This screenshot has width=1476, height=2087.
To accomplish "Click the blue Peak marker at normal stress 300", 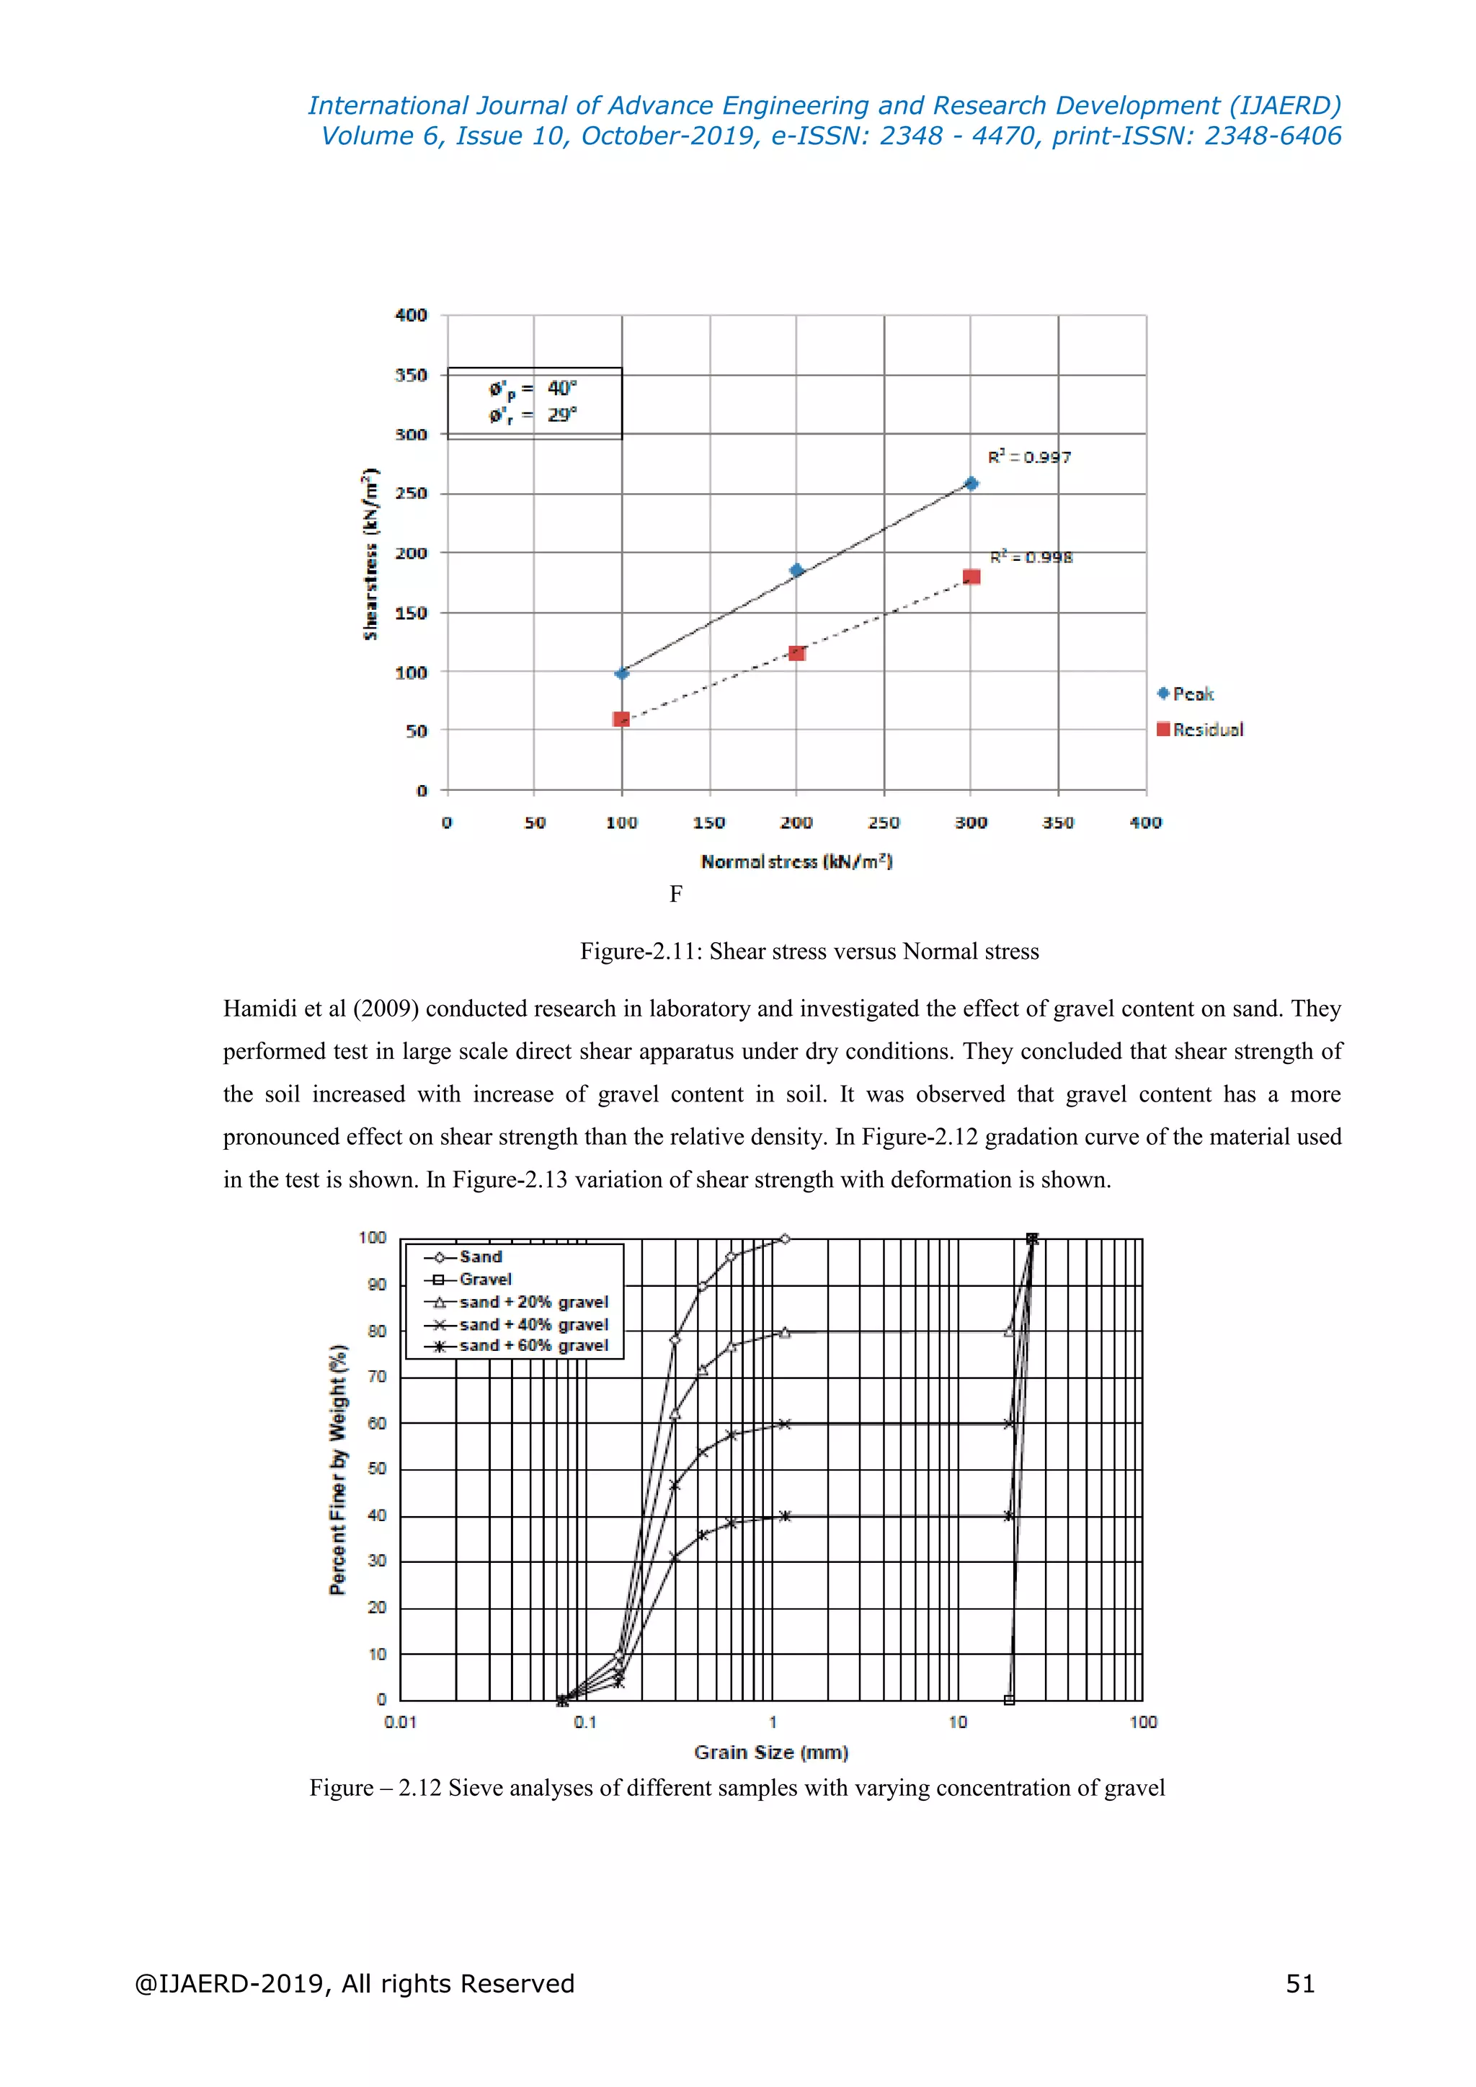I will (971, 484).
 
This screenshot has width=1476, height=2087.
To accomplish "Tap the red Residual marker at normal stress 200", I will (797, 652).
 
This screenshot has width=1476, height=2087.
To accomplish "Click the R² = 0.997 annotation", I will (1029, 457).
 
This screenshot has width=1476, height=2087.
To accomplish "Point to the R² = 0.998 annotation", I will (1031, 557).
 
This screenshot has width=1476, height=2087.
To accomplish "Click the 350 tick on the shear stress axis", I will (411, 374).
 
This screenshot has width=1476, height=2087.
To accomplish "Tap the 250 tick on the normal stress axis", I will (884, 823).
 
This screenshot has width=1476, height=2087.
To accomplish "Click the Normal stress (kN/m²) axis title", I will (796, 861).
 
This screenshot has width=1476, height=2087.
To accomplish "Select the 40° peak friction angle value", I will (561, 388).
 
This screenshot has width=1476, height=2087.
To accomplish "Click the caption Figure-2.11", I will (809, 952).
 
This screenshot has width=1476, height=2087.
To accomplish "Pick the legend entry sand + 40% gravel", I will (533, 1324).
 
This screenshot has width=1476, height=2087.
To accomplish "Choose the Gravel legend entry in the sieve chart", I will (485, 1279).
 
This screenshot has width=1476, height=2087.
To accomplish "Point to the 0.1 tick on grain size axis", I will (585, 1722).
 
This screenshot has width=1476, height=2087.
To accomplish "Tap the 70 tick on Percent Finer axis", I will (377, 1376).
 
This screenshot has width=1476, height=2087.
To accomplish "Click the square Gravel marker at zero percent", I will (1009, 1700).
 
